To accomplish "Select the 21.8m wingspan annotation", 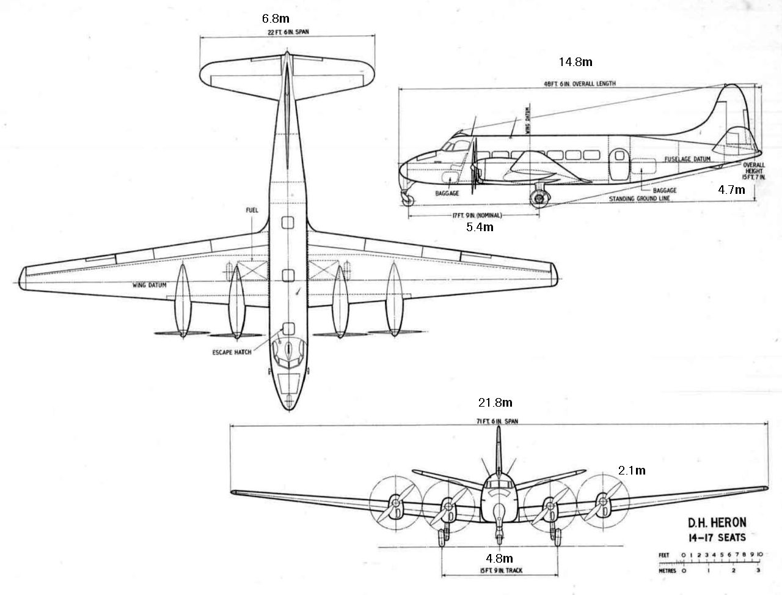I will click(495, 402).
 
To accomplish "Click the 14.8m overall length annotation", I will click(576, 61).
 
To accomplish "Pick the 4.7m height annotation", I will click(731, 190).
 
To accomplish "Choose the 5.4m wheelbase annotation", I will click(480, 227).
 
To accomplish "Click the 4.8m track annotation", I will click(499, 558).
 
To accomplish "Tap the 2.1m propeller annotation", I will click(631, 470).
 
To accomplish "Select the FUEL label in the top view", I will click(252, 210).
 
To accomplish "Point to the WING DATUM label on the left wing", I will click(150, 285).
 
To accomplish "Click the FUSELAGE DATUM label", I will click(687, 159).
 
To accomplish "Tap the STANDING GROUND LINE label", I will click(639, 199).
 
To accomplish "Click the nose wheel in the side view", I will click(406, 198).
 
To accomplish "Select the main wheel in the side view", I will click(538, 198).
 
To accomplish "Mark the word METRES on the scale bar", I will click(668, 569).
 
